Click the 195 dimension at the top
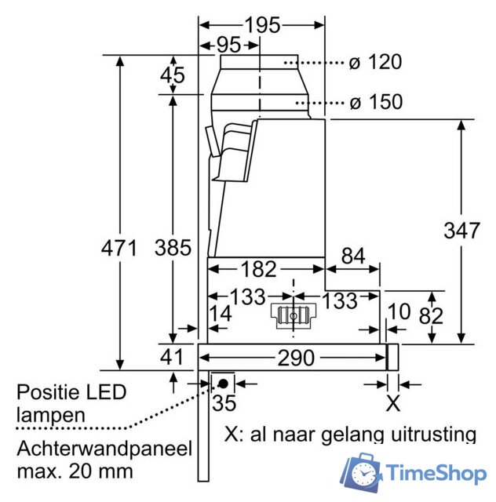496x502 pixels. pos(263,25)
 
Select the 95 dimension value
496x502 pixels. pos(229,45)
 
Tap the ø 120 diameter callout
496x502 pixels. pos(375,62)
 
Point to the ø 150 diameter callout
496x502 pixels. pos(376,102)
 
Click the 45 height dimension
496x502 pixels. pos(173,75)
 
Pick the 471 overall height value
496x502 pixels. pos(119,248)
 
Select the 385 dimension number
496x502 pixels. pos(173,248)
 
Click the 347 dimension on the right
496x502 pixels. pos(461,230)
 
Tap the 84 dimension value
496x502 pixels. pos(353,256)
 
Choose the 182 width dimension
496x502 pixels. pos(258,269)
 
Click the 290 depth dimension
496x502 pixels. pos(296,358)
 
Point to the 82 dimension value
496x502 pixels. pos(431,316)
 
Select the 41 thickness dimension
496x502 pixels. pos(171,357)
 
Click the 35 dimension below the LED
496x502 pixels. pos(224,403)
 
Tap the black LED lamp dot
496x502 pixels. pos(223,384)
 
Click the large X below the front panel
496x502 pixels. pos(393,404)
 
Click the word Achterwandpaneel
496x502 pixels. pos(104,449)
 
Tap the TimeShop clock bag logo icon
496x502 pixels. pos(362,473)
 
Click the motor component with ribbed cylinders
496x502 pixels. pos(294,316)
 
